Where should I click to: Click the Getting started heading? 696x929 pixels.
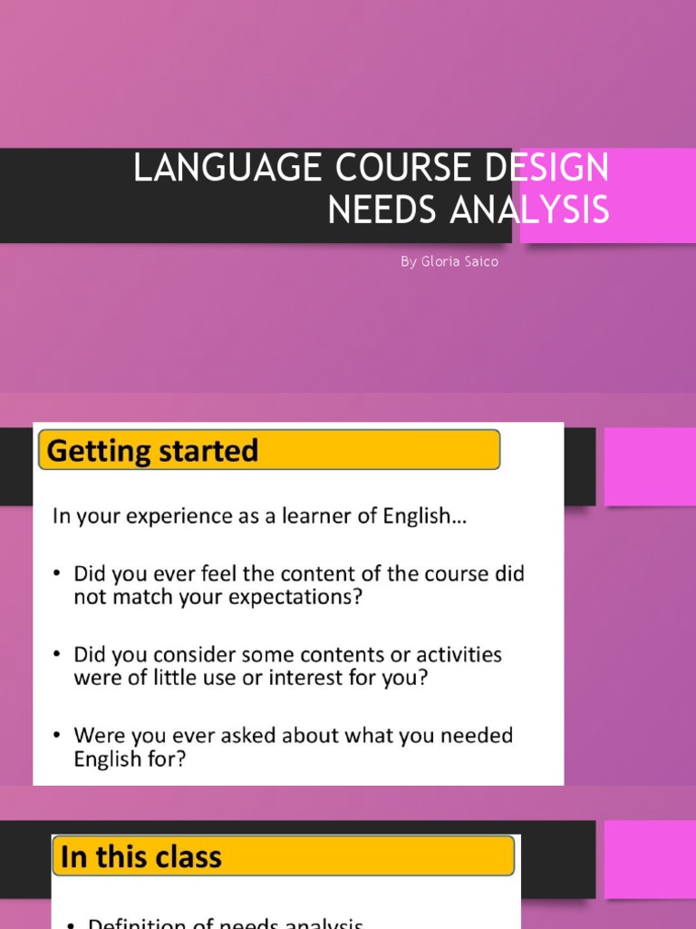152,451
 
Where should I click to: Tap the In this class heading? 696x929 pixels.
140,857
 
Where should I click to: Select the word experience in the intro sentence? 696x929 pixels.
184,518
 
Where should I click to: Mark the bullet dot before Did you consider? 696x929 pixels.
58,655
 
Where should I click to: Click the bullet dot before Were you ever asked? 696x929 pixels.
58,735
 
